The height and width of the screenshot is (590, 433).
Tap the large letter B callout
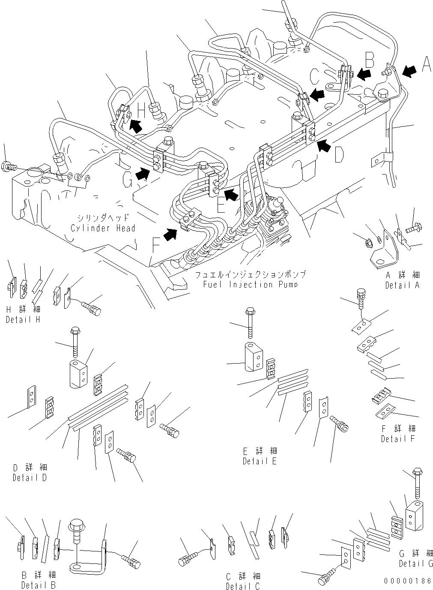click(370, 58)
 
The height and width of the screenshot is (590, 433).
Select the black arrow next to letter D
click(325, 147)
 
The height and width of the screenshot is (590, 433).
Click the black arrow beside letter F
click(171, 234)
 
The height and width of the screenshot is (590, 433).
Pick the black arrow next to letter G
click(143, 174)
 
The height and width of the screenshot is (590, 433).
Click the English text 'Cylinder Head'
click(103, 228)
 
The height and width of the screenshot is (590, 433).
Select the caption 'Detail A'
click(402, 285)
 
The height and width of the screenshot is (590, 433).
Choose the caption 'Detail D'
click(30, 478)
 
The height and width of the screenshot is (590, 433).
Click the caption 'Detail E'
click(260, 461)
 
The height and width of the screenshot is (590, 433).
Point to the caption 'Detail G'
click(416, 564)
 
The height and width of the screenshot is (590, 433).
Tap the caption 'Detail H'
click(23, 320)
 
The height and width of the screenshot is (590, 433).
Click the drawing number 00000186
click(408, 581)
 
